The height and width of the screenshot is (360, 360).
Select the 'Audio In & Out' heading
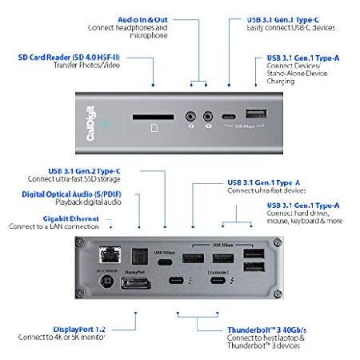tap(142, 18)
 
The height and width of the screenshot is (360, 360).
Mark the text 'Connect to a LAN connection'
tap(54, 226)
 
